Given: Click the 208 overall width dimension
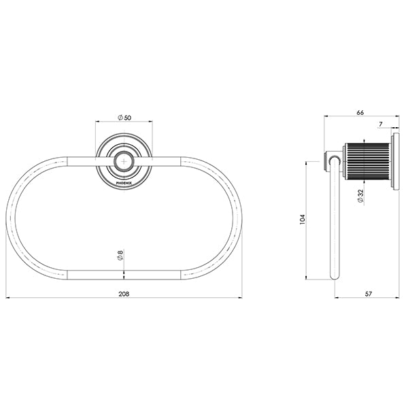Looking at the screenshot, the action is pyautogui.click(x=124, y=294).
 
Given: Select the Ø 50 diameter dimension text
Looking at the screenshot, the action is pyautogui.click(x=124, y=118).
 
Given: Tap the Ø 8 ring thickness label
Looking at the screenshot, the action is pyautogui.click(x=120, y=255).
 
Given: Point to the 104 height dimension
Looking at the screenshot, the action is pyautogui.click(x=302, y=220).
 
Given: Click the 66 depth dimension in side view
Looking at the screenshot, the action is pyautogui.click(x=360, y=112).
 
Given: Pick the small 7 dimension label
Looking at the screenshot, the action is pyautogui.click(x=381, y=124).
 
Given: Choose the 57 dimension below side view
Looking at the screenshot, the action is pyautogui.click(x=369, y=294).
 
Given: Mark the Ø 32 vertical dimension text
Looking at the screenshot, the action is pyautogui.click(x=360, y=196).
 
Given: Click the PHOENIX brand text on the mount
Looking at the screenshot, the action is pyautogui.click(x=124, y=183).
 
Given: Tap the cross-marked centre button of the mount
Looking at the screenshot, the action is pyautogui.click(x=124, y=162).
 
